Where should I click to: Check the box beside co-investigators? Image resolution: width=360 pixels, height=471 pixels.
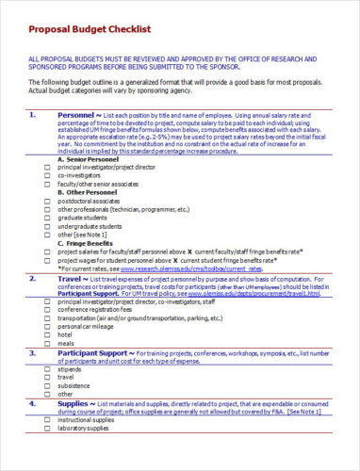pos(48,176)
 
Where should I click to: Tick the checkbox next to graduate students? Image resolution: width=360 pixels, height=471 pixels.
pos(48,218)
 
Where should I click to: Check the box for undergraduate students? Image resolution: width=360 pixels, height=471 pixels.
pos(48,227)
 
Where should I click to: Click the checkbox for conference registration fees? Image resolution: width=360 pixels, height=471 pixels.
pos(48,311)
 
